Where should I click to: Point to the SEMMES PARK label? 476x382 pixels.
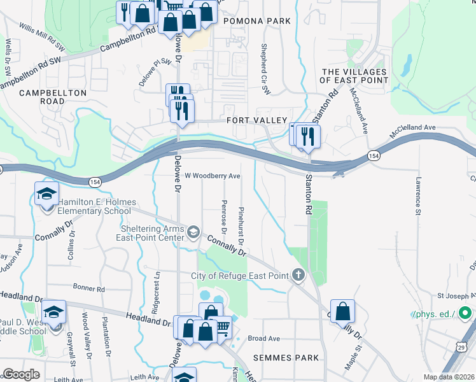tap(286, 358)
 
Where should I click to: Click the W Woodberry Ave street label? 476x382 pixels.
tap(213, 176)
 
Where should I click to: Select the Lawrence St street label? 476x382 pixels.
tap(419, 195)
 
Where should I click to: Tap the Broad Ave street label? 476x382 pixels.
tap(264, 339)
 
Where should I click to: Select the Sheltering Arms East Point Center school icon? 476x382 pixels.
tap(193, 233)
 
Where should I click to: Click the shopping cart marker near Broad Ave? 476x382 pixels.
tap(221, 327)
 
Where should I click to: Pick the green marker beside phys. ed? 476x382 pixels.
tap(465, 314)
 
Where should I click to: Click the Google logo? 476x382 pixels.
tap(22, 374)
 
